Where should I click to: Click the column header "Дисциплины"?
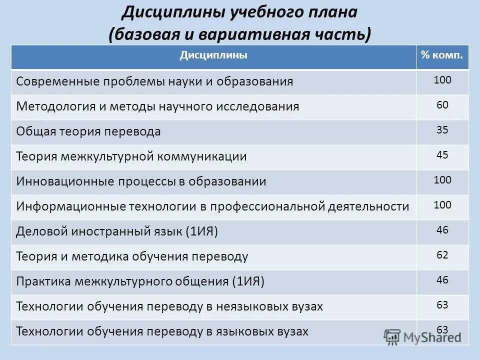(213, 55)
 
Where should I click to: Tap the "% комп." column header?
(442, 55)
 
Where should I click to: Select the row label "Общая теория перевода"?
(88, 131)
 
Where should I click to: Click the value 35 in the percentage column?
(442, 130)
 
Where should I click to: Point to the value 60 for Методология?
(442, 105)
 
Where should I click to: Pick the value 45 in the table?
(442, 155)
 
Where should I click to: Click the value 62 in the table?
(442, 255)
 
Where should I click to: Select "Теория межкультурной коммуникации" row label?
(131, 156)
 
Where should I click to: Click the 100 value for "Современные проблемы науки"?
(442, 80)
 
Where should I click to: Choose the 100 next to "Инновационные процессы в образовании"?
(442, 180)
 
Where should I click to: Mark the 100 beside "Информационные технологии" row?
(442, 205)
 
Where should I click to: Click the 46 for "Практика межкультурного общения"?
(442, 280)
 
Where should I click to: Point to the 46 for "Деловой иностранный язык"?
(442, 230)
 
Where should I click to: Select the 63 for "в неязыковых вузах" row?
(442, 305)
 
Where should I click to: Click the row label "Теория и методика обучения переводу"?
(132, 256)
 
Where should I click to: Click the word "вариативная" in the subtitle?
(249, 34)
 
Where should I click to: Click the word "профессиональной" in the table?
(266, 206)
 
